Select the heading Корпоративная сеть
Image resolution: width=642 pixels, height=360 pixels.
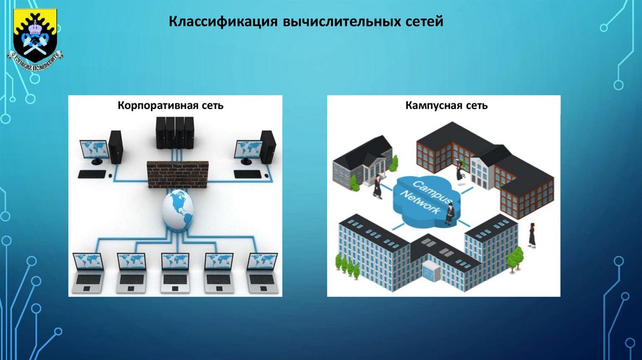(x=171, y=105)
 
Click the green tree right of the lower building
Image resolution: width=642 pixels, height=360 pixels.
(x=515, y=257)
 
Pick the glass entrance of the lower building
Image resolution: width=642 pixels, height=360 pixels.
(x=431, y=272)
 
